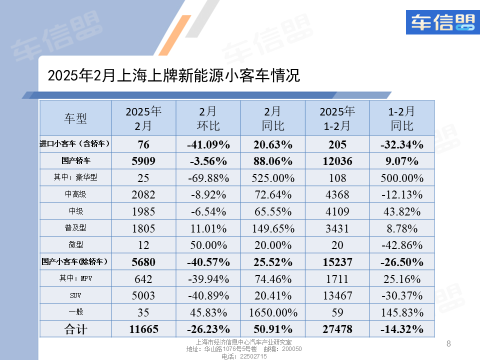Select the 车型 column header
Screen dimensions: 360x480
[75, 118]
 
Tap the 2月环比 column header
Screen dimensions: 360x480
[208, 118]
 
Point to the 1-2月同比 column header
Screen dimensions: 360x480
[402, 118]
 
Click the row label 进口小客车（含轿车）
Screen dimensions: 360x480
[75, 144]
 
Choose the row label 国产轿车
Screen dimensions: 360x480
[75, 161]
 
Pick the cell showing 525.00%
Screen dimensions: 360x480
[272, 178]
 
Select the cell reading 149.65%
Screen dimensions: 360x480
[272, 228]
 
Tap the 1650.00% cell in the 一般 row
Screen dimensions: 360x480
[272, 313]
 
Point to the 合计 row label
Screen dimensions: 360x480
[75, 329]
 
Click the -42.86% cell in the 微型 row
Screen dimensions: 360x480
[402, 245]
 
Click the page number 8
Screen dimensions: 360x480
[448, 343]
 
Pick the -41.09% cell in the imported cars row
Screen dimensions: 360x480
[208, 144]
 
